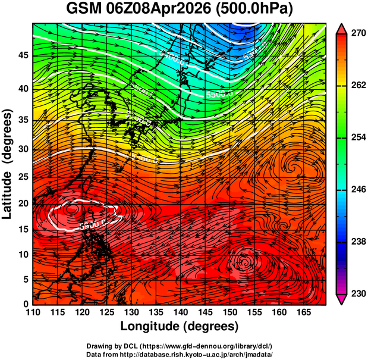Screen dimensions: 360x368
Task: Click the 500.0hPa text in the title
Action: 256,10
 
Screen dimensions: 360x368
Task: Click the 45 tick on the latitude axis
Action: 22,55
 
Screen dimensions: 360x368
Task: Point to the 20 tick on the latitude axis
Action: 22,203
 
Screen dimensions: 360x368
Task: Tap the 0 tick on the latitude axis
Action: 25,304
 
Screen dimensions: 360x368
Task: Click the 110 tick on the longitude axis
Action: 33,312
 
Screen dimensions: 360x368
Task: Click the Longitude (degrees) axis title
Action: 180,326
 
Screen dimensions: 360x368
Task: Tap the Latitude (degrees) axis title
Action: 8,164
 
